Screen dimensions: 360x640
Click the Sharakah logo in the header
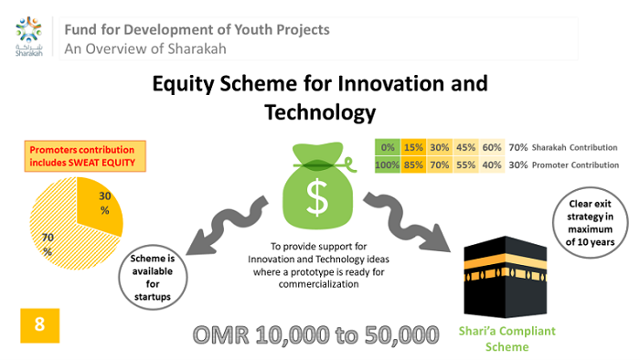[28, 35]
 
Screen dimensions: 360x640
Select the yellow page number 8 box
[39, 325]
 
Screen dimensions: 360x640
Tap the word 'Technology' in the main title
[320, 112]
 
